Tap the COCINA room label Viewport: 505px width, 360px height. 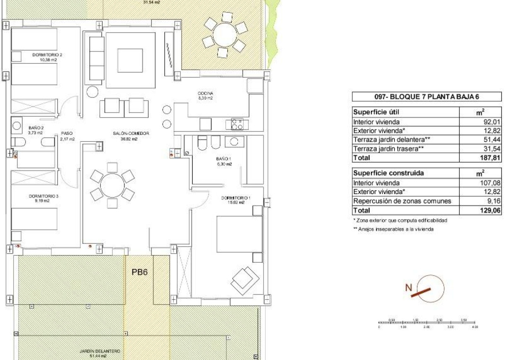205,94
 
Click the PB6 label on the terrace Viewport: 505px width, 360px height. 140,273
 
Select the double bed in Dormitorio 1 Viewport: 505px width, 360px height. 240,234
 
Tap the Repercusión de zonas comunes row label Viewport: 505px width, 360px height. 402,201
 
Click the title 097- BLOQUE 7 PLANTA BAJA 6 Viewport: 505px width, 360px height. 426,97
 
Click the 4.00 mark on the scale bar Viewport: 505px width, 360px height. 474,327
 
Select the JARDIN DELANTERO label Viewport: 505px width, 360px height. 100,351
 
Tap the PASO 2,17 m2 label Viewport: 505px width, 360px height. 67,136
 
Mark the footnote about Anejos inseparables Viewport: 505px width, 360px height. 393,229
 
